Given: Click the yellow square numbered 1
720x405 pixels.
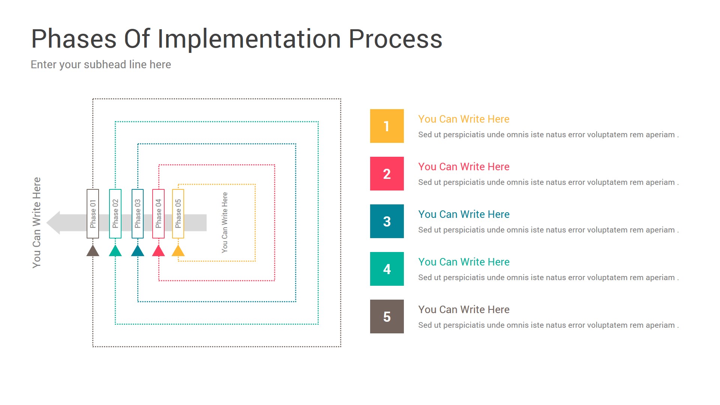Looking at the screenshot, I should coord(387,126).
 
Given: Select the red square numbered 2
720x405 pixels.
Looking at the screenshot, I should coord(387,174).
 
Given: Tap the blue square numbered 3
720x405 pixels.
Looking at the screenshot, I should coord(387,221).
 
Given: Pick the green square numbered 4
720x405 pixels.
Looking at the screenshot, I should coord(387,269).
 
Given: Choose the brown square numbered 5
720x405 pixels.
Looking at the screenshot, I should coord(387,316).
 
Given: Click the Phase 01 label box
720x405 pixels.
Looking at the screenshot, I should coord(93,214).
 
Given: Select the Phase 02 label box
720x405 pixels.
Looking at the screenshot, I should coord(115,214).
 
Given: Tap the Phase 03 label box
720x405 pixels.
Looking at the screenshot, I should coord(138,214).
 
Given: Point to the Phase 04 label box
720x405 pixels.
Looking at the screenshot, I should coord(158,214).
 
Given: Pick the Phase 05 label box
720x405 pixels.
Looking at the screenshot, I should coord(178,214).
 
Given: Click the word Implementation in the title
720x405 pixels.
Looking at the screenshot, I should coord(249,39).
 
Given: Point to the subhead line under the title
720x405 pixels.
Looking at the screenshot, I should coord(101,64).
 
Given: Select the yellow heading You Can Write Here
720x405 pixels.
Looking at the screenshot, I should coord(463,119).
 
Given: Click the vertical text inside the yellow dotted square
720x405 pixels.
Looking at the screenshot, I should coord(225,222).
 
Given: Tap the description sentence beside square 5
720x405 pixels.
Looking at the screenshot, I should coord(548,325).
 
